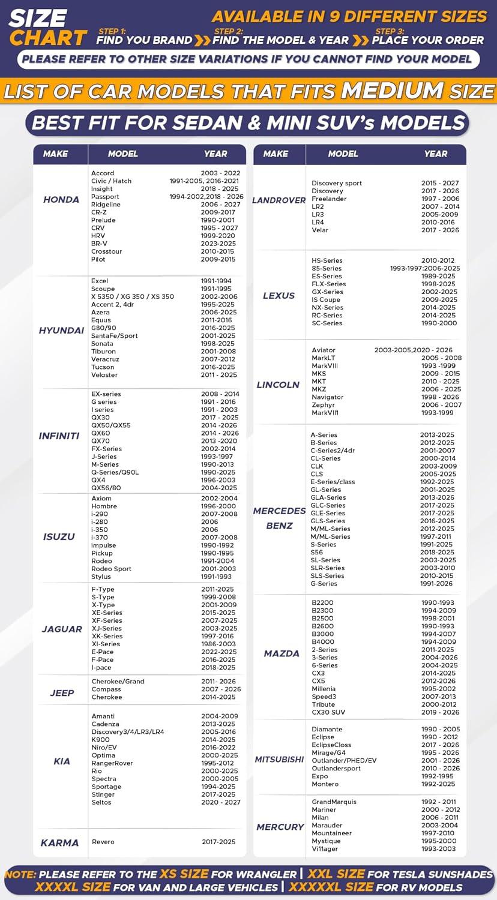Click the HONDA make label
pos(61,199)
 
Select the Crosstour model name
pos(106,251)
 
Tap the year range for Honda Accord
pos(220,173)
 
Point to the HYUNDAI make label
pos(61,331)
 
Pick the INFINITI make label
pos(59,436)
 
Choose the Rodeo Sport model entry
pos(111,569)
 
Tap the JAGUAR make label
pos(62,629)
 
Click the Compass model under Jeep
pos(106,689)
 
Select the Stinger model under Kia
pos(103,794)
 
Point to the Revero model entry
pos(103,842)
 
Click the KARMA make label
pos(59,842)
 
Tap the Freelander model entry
pos(329,199)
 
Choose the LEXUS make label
pos(279,295)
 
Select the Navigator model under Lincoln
pos(328,397)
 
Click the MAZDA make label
pos(282,653)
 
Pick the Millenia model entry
pos(324,689)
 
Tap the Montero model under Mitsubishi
pos(325,784)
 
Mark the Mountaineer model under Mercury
pos(332,833)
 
